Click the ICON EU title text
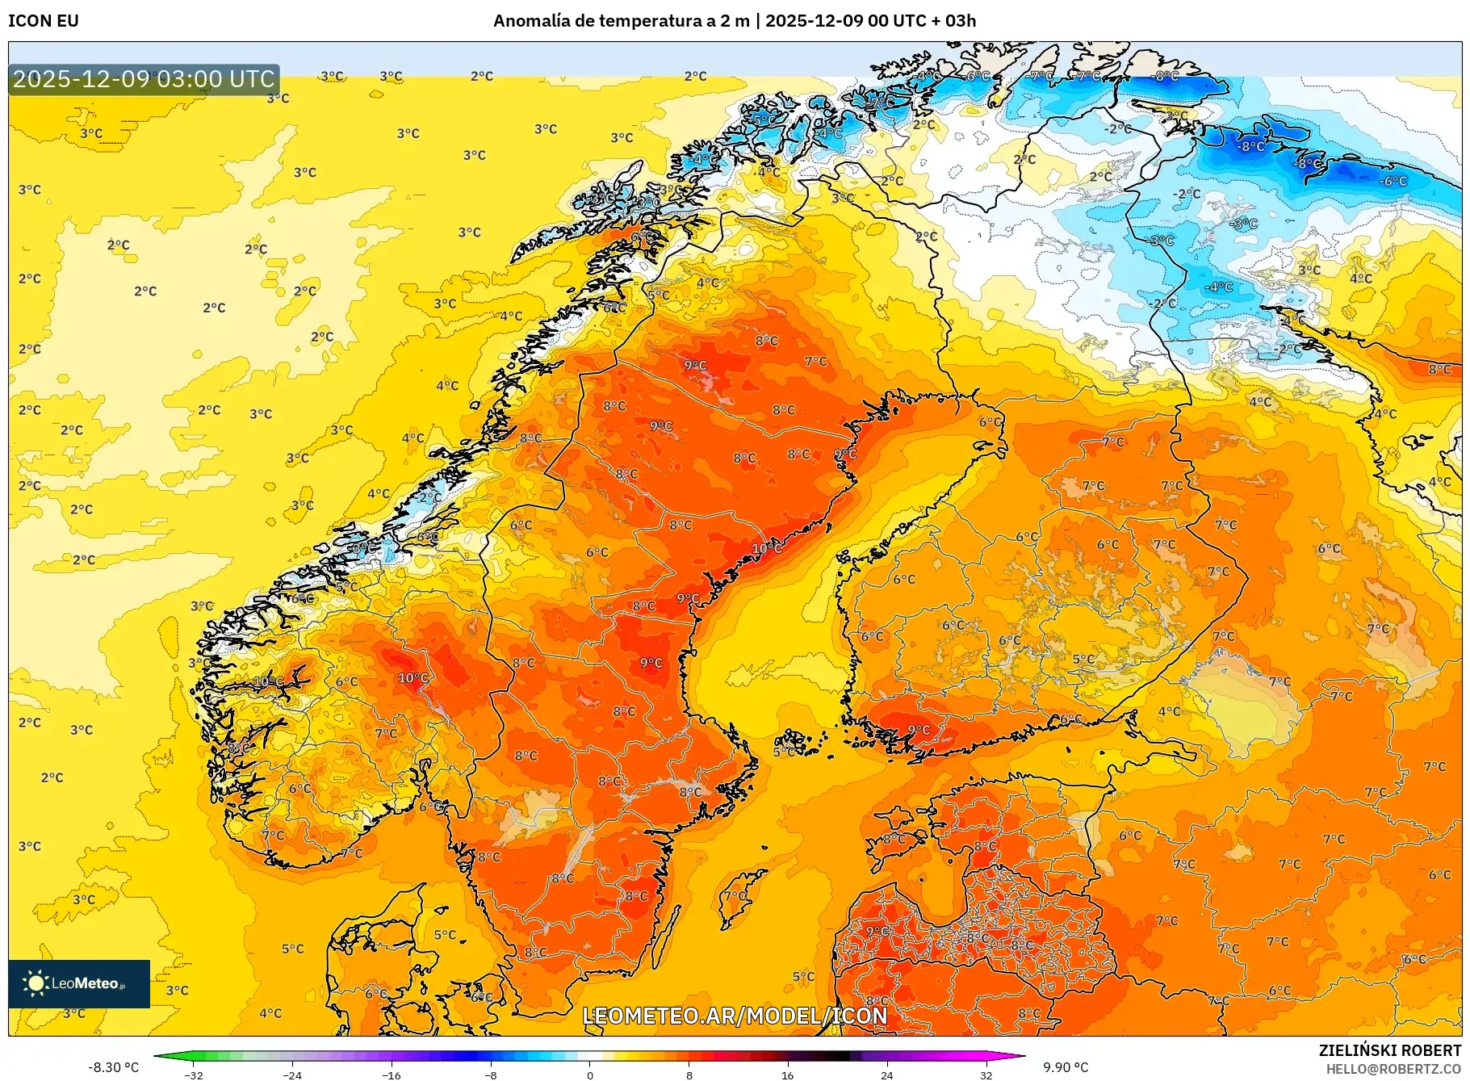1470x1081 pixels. pos(44,21)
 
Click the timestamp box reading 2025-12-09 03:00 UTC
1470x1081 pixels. pos(144,79)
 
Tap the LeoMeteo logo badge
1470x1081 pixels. pos(79,983)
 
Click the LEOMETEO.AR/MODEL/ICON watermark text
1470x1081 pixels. pos(735,1016)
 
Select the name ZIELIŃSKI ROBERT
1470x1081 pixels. pos(1389,1050)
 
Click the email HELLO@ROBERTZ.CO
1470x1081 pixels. pos(1393,1069)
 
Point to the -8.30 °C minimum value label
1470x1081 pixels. pos(113,1067)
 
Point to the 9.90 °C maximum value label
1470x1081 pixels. pos(1066,1067)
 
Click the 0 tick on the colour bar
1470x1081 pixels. pos(590,1075)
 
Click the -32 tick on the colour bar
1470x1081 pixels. pos(194,1075)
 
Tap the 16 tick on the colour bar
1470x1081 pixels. pos(788,1075)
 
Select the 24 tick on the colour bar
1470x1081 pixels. pos(886,1075)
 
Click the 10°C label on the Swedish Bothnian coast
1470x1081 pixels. pos(766,548)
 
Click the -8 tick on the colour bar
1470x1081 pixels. pos(491,1075)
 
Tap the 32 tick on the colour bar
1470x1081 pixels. pos(986,1075)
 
